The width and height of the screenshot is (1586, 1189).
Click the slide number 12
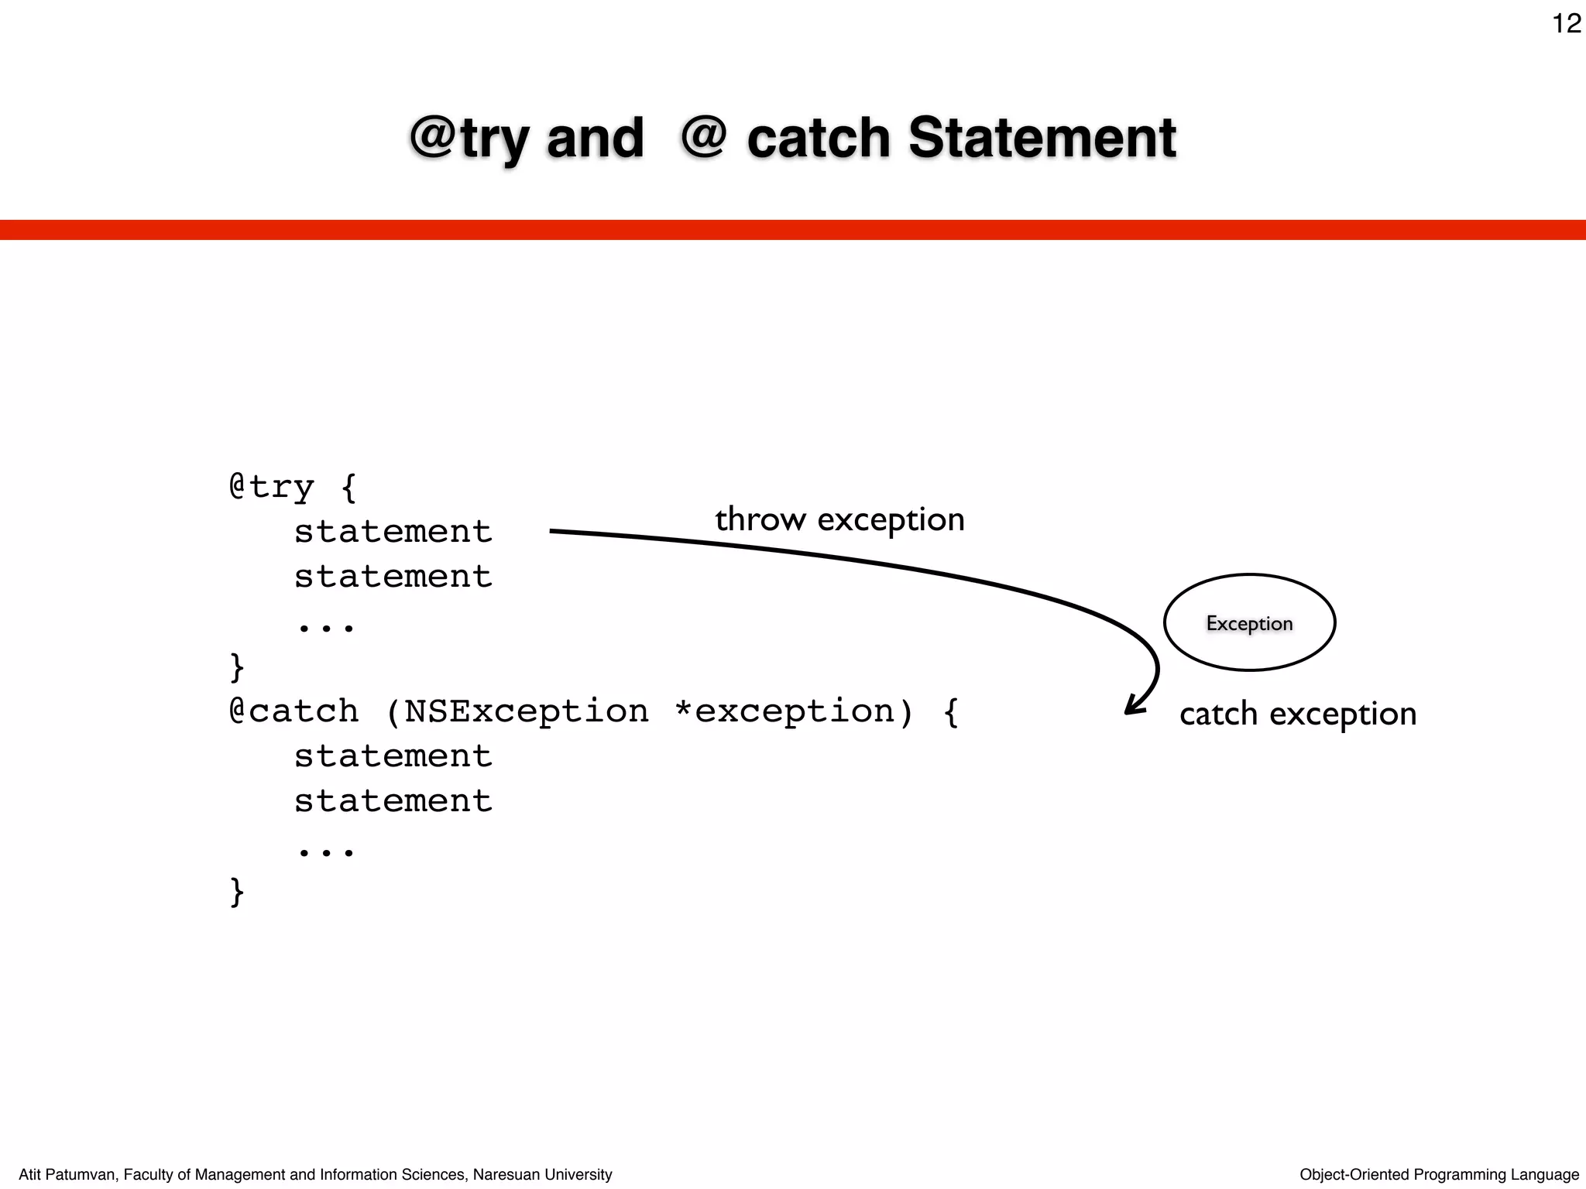(1566, 24)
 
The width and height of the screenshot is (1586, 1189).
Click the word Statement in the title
(1042, 138)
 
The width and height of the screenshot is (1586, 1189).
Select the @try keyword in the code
(272, 487)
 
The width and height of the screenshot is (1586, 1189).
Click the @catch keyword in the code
(294, 711)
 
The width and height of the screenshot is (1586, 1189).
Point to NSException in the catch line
(527, 711)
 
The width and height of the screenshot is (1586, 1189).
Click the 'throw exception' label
(839, 519)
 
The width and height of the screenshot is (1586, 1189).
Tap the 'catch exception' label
(1298, 714)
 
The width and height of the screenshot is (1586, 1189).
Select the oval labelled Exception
(1249, 622)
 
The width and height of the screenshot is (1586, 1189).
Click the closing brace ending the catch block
(237, 892)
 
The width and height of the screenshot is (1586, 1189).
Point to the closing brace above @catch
(237, 667)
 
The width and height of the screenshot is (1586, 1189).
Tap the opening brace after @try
(349, 488)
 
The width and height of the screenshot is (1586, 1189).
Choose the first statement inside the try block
(393, 532)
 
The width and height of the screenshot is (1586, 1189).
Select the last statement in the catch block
(393, 801)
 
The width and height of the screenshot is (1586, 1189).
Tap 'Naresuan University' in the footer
(542, 1174)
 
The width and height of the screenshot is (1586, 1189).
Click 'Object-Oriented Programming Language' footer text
(1439, 1174)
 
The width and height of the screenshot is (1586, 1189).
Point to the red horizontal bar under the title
(793, 230)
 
